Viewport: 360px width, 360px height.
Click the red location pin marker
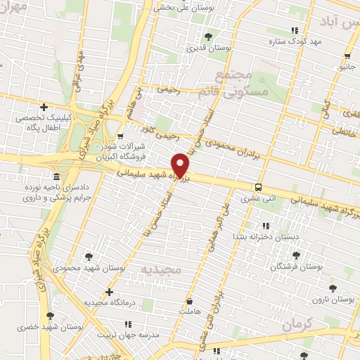click(181, 165)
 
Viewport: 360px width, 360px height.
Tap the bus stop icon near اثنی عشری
click(259, 187)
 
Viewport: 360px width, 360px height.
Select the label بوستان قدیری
click(202, 49)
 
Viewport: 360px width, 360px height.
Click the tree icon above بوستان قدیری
click(207, 37)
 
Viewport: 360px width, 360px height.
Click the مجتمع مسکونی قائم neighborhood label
click(250, 83)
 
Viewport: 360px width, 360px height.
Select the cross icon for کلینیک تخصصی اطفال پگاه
click(44, 107)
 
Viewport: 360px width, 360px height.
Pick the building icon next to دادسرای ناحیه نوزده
click(56, 176)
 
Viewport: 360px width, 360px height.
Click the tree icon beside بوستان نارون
click(331, 288)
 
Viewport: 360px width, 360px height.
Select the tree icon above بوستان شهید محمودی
click(89, 257)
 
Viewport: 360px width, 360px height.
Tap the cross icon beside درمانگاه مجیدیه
click(108, 291)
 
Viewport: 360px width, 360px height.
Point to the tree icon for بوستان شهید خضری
click(49, 316)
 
